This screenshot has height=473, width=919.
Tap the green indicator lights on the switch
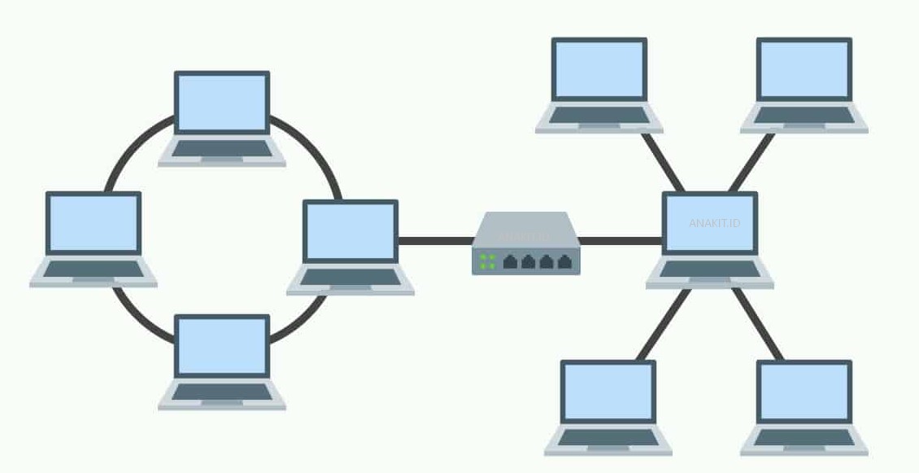[488, 261]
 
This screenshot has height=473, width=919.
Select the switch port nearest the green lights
[511, 261]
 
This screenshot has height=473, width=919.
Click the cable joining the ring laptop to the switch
[435, 241]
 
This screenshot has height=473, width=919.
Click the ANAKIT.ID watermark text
[714, 223]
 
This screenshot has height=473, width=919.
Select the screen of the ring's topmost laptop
[222, 101]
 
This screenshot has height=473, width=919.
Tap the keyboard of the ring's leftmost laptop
[94, 269]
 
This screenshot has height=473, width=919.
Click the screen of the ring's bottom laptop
[222, 345]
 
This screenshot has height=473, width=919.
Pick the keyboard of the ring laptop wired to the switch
[351, 277]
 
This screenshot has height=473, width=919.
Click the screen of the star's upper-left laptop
[599, 69]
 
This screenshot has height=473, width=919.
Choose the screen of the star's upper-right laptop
[804, 69]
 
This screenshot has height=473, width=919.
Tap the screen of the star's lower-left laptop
[608, 392]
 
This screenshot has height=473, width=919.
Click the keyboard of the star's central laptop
[710, 269]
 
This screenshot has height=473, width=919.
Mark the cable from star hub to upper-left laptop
[662, 161]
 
